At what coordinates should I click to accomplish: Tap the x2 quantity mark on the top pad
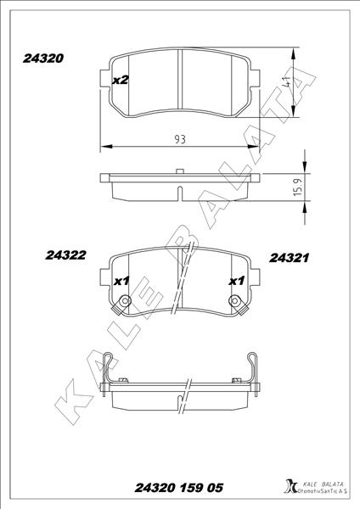coord(120,80)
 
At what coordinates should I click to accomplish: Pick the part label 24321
coord(288,256)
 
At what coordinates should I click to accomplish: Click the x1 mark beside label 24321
coord(236,281)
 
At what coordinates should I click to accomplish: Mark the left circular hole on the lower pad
coord(126,301)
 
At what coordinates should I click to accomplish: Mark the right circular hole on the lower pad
coord(235,301)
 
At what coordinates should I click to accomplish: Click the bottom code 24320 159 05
coord(179,489)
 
